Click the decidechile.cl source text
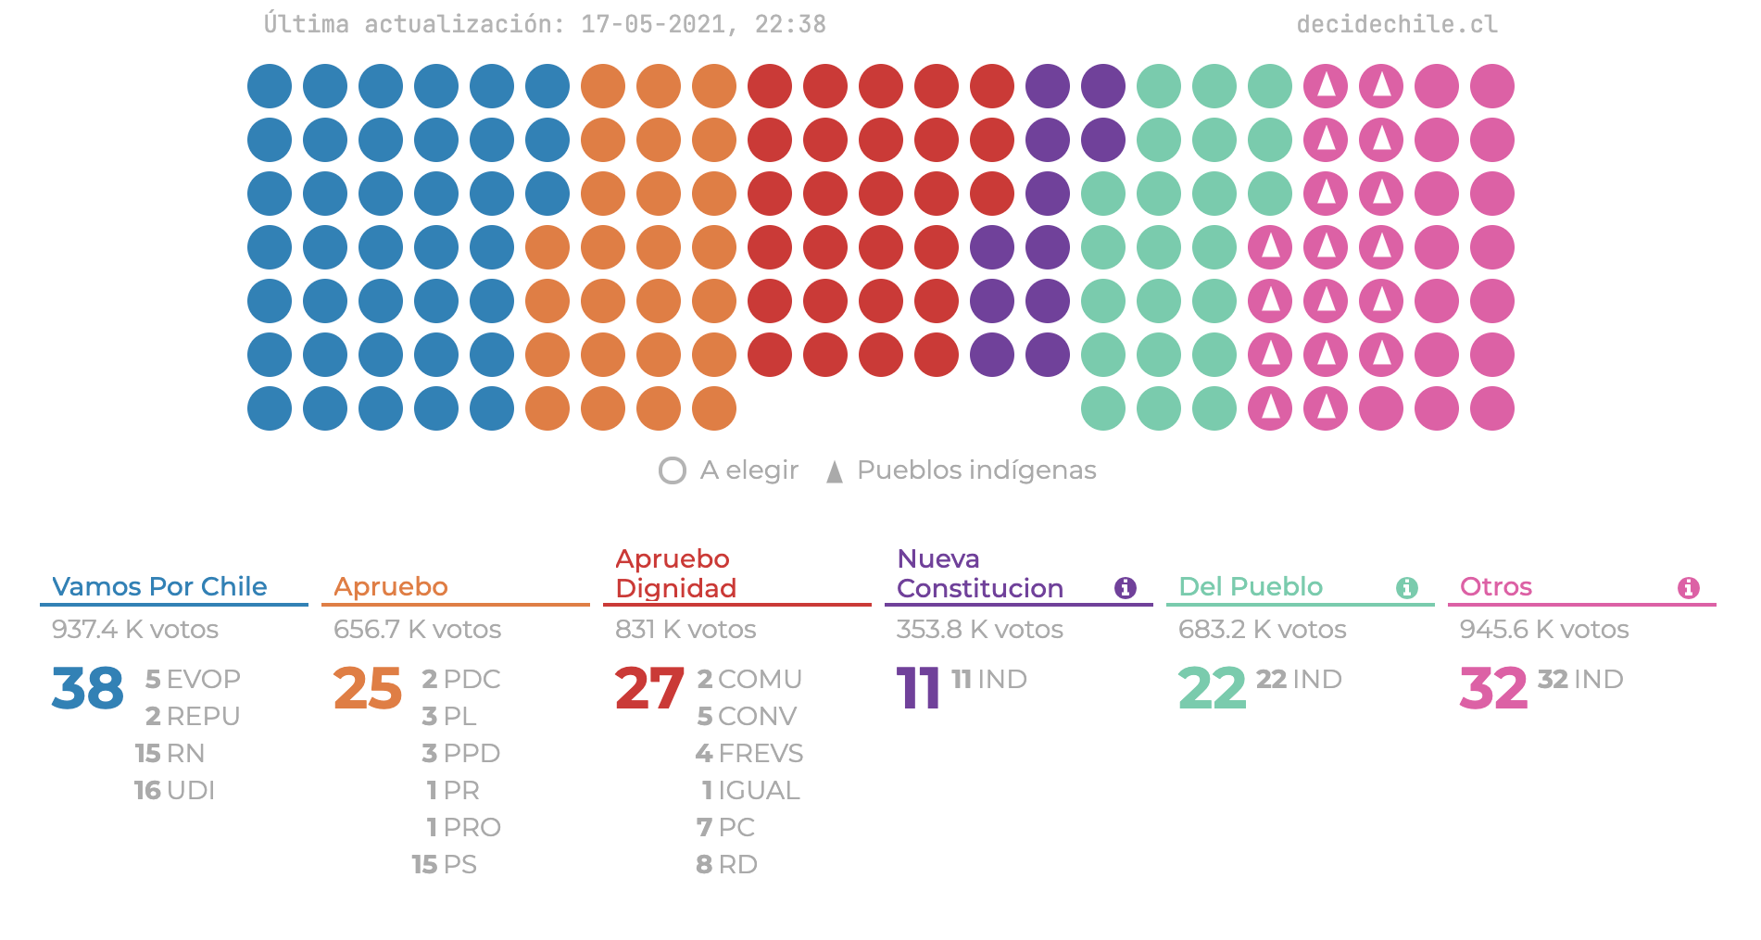pyautogui.click(x=1396, y=24)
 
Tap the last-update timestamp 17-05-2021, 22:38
pyautogui.click(x=703, y=24)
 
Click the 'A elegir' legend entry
pyautogui.click(x=729, y=470)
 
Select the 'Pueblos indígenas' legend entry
pyautogui.click(x=962, y=470)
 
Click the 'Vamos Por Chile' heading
pyautogui.click(x=159, y=587)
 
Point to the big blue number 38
pyautogui.click(x=88, y=689)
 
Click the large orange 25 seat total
pyautogui.click(x=368, y=689)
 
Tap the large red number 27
pyautogui.click(x=649, y=689)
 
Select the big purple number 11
pyautogui.click(x=918, y=689)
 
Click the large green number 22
pyautogui.click(x=1212, y=689)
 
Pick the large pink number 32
pyautogui.click(x=1493, y=689)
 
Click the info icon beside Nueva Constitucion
pyautogui.click(x=1126, y=588)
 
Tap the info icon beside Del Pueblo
pyautogui.click(x=1407, y=588)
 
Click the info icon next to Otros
pyautogui.click(x=1689, y=588)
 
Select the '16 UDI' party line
pyautogui.click(x=174, y=791)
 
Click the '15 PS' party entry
pyautogui.click(x=445, y=865)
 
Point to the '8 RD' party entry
pyautogui.click(x=727, y=865)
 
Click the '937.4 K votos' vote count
pyautogui.click(x=135, y=630)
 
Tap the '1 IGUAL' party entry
pyautogui.click(x=750, y=791)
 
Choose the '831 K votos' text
pyautogui.click(x=686, y=630)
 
